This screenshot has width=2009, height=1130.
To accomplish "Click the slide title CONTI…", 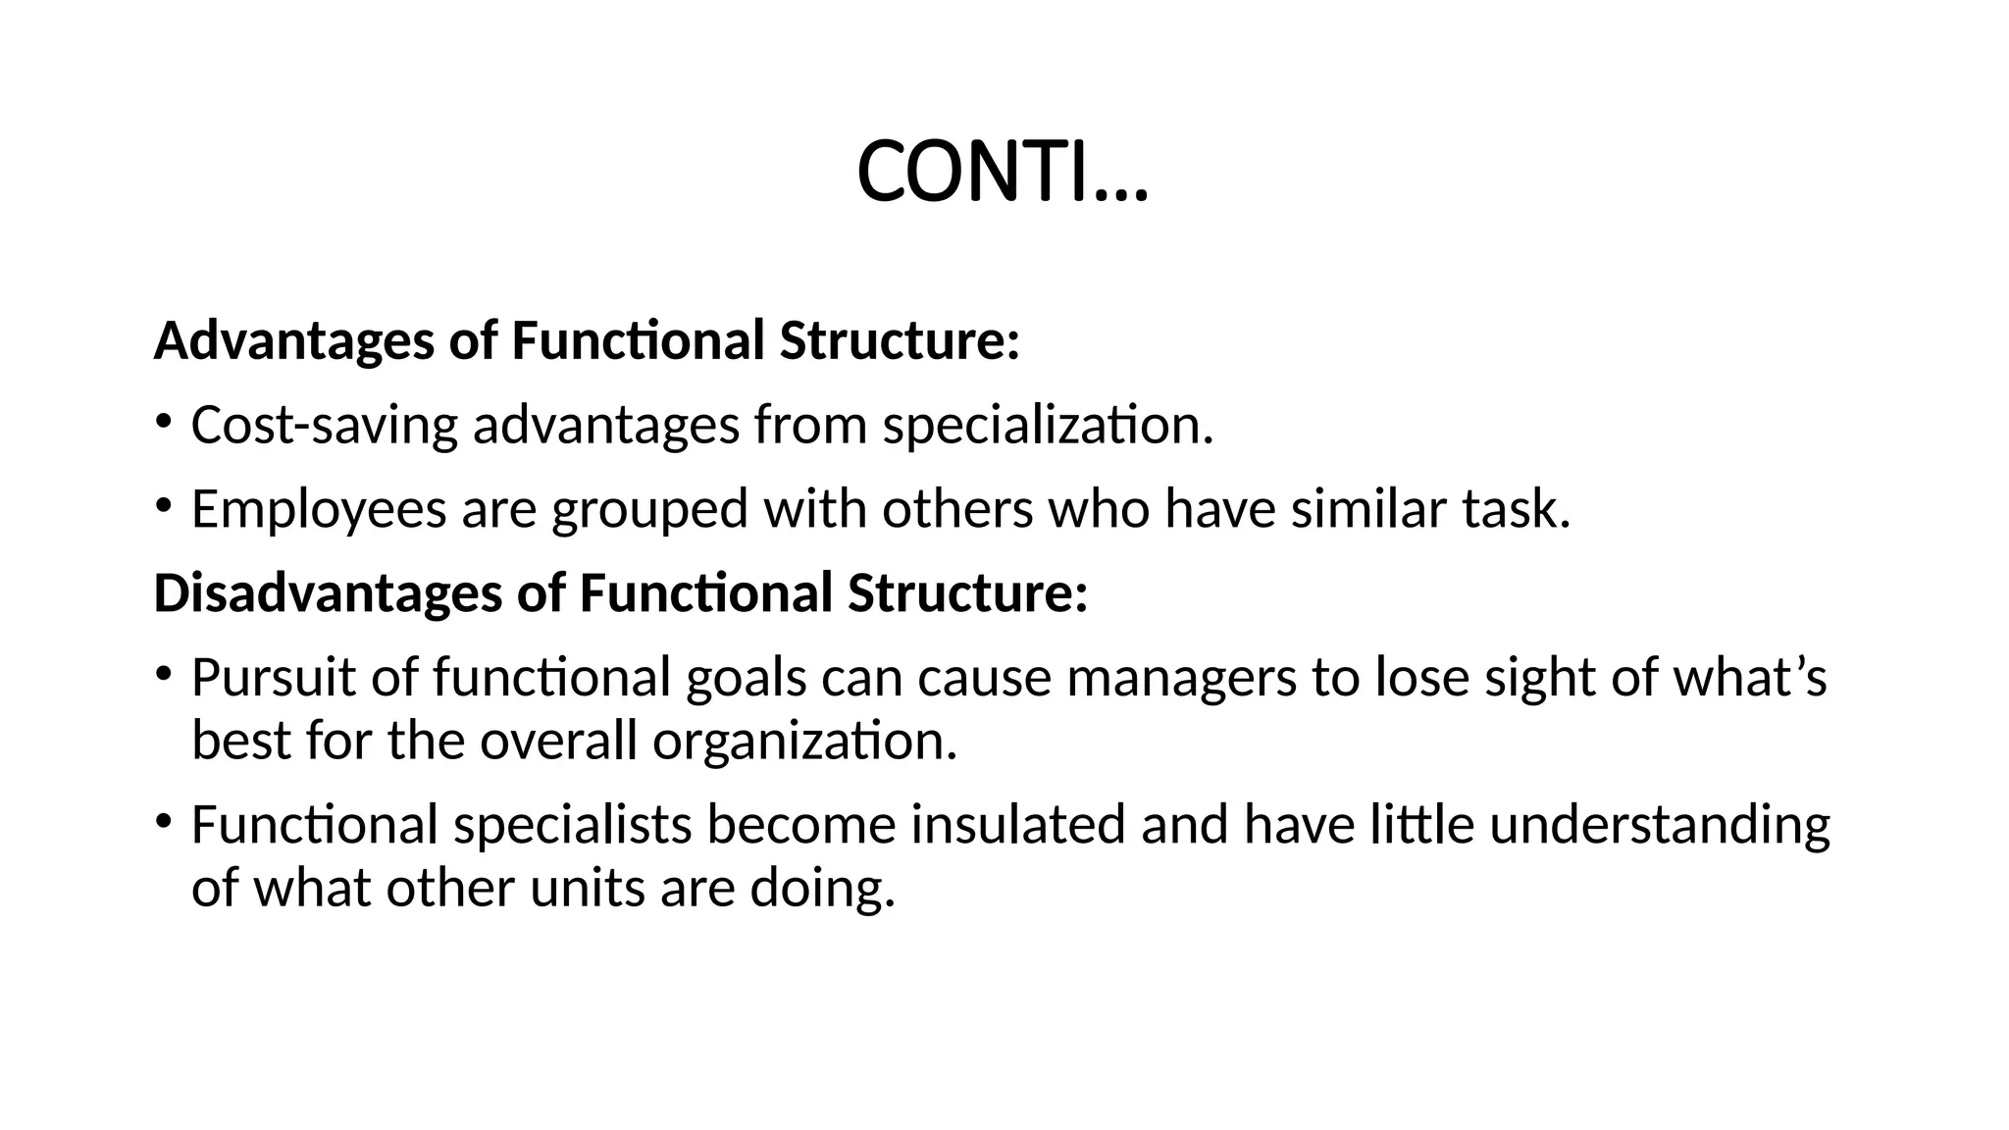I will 1002,173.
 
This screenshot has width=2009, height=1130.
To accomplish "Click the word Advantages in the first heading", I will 293,341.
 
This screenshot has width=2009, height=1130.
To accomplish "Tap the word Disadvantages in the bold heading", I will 328,593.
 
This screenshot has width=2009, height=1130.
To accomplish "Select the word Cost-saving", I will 324,426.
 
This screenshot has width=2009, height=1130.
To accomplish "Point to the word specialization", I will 1048,426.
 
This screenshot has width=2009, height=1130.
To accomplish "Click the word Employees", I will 318,510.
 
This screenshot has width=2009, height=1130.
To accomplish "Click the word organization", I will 804,741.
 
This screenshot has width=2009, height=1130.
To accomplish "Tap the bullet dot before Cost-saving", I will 163,423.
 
